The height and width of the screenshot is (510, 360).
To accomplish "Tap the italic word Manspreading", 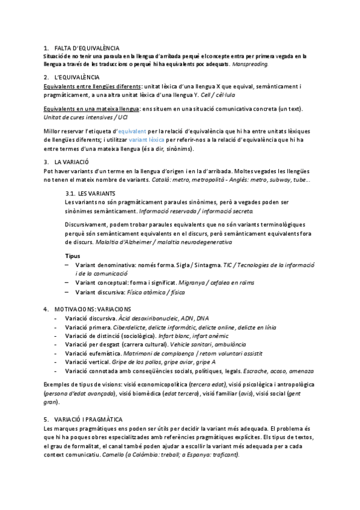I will tap(250, 63).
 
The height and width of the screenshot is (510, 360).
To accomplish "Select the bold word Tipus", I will tap(72, 256).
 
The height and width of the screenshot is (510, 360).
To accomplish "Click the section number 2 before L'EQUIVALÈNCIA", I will tap(46, 78).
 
